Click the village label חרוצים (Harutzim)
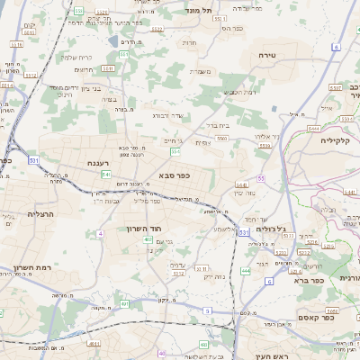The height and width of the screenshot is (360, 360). tap(82, 69)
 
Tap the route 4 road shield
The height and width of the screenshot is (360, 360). tap(100, 233)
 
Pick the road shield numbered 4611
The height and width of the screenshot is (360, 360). tap(94, 343)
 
